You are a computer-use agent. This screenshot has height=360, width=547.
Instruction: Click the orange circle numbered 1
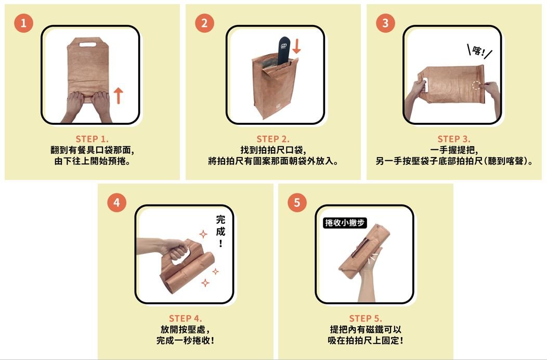point(23,23)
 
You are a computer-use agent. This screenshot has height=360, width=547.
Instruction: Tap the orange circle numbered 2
point(204,23)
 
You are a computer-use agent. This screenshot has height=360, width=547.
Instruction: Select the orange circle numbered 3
point(385,23)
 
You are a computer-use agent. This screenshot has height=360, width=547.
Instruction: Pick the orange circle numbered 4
point(116,202)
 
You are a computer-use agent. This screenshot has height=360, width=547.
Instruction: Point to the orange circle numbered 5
point(297,202)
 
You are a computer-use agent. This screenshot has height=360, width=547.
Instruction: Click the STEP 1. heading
point(92,139)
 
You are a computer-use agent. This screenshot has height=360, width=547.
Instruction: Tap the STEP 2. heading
point(273,139)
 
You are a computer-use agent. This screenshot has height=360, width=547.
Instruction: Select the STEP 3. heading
point(454,139)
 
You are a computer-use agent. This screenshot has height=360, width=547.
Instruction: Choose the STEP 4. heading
point(185,318)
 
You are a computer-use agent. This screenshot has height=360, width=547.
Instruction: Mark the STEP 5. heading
point(366,318)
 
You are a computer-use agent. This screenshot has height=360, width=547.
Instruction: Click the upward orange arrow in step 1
point(119,95)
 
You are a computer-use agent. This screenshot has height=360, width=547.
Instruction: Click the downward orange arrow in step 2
point(296,46)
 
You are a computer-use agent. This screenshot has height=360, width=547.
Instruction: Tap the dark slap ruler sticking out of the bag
point(284,50)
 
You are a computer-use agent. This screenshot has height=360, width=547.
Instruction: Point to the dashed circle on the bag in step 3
point(476,86)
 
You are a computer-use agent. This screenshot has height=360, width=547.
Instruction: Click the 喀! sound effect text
point(479,52)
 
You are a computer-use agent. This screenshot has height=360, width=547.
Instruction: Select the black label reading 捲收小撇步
point(345,223)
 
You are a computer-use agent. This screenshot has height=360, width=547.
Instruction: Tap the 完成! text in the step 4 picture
point(220,231)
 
